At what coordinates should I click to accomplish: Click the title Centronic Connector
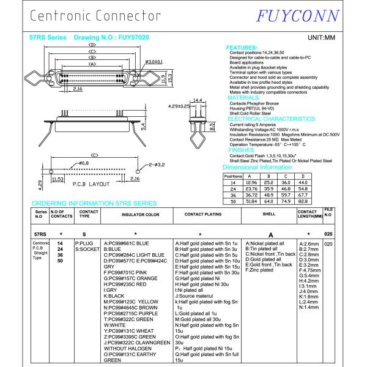(x=95, y=15)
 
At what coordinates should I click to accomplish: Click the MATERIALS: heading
(x=247, y=98)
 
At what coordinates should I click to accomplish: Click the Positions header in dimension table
(x=232, y=176)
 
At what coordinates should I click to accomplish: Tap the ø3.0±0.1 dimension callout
(x=155, y=62)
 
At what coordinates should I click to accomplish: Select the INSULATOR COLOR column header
(x=136, y=215)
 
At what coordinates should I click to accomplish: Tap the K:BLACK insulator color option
(x=116, y=295)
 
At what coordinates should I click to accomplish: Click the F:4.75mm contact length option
(x=310, y=270)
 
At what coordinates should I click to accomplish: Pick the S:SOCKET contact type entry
(x=86, y=250)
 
